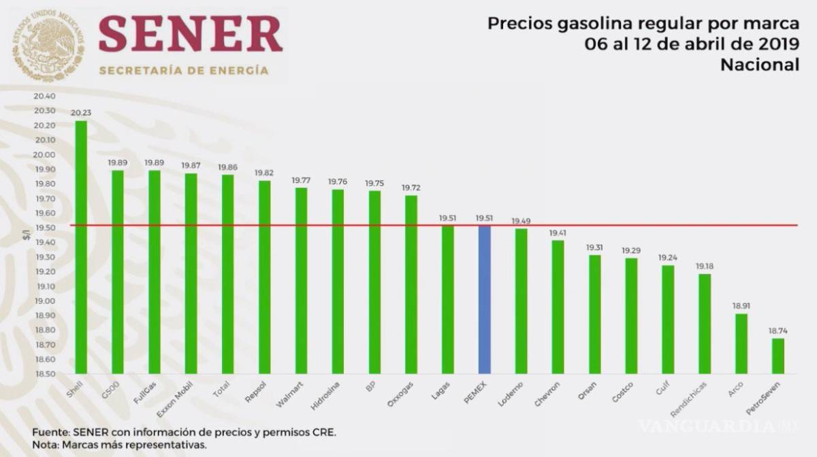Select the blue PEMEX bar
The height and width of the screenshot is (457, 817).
click(x=485, y=300)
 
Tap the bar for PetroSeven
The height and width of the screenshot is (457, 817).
click(x=778, y=356)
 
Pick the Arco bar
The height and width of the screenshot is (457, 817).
click(x=741, y=343)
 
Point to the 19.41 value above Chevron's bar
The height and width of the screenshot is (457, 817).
click(x=558, y=233)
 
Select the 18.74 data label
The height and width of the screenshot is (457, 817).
click(x=778, y=331)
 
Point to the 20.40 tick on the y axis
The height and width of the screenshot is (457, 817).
click(x=44, y=96)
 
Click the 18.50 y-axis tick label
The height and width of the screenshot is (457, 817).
click(x=44, y=374)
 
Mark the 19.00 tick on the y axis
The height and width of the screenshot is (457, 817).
click(x=44, y=301)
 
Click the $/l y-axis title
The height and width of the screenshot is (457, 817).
click(x=26, y=235)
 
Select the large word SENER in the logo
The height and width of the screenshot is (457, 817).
click(x=190, y=34)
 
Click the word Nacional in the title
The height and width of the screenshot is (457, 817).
click(x=760, y=65)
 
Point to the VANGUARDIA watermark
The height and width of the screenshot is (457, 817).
click(x=708, y=426)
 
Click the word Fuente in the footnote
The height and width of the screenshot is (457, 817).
click(x=49, y=432)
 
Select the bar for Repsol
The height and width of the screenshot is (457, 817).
click(x=265, y=277)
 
